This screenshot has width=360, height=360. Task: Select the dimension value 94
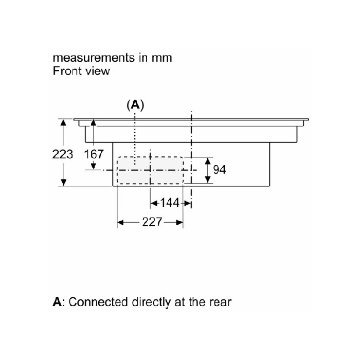(220, 170)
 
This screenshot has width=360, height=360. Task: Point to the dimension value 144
(170, 203)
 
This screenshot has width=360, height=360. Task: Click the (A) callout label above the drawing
(135, 105)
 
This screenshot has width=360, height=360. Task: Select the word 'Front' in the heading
(67, 70)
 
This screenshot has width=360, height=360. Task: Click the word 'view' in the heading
(98, 70)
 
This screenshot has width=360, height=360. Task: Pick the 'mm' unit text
(161, 57)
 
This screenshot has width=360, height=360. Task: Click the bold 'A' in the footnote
(58, 301)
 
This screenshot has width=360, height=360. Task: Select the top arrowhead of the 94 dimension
(208, 159)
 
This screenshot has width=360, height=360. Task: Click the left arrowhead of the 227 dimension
(121, 222)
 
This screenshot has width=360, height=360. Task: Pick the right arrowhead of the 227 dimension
(180, 222)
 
